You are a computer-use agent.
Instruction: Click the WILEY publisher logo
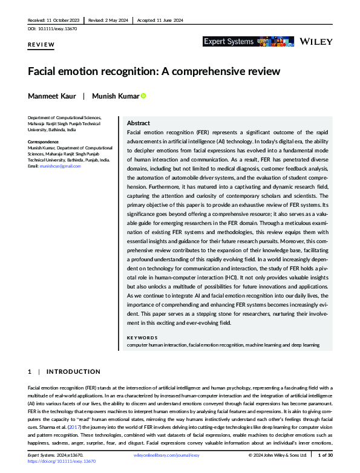(316, 41)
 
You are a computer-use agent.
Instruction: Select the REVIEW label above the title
(41, 45)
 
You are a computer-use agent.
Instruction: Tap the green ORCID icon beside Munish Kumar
(144, 96)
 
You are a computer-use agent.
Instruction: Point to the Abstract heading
(139, 123)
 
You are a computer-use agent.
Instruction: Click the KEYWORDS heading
(142, 338)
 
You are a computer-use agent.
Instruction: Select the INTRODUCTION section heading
(73, 371)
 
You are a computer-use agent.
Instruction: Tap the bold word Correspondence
(44, 142)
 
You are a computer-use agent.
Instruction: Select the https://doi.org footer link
(62, 461)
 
